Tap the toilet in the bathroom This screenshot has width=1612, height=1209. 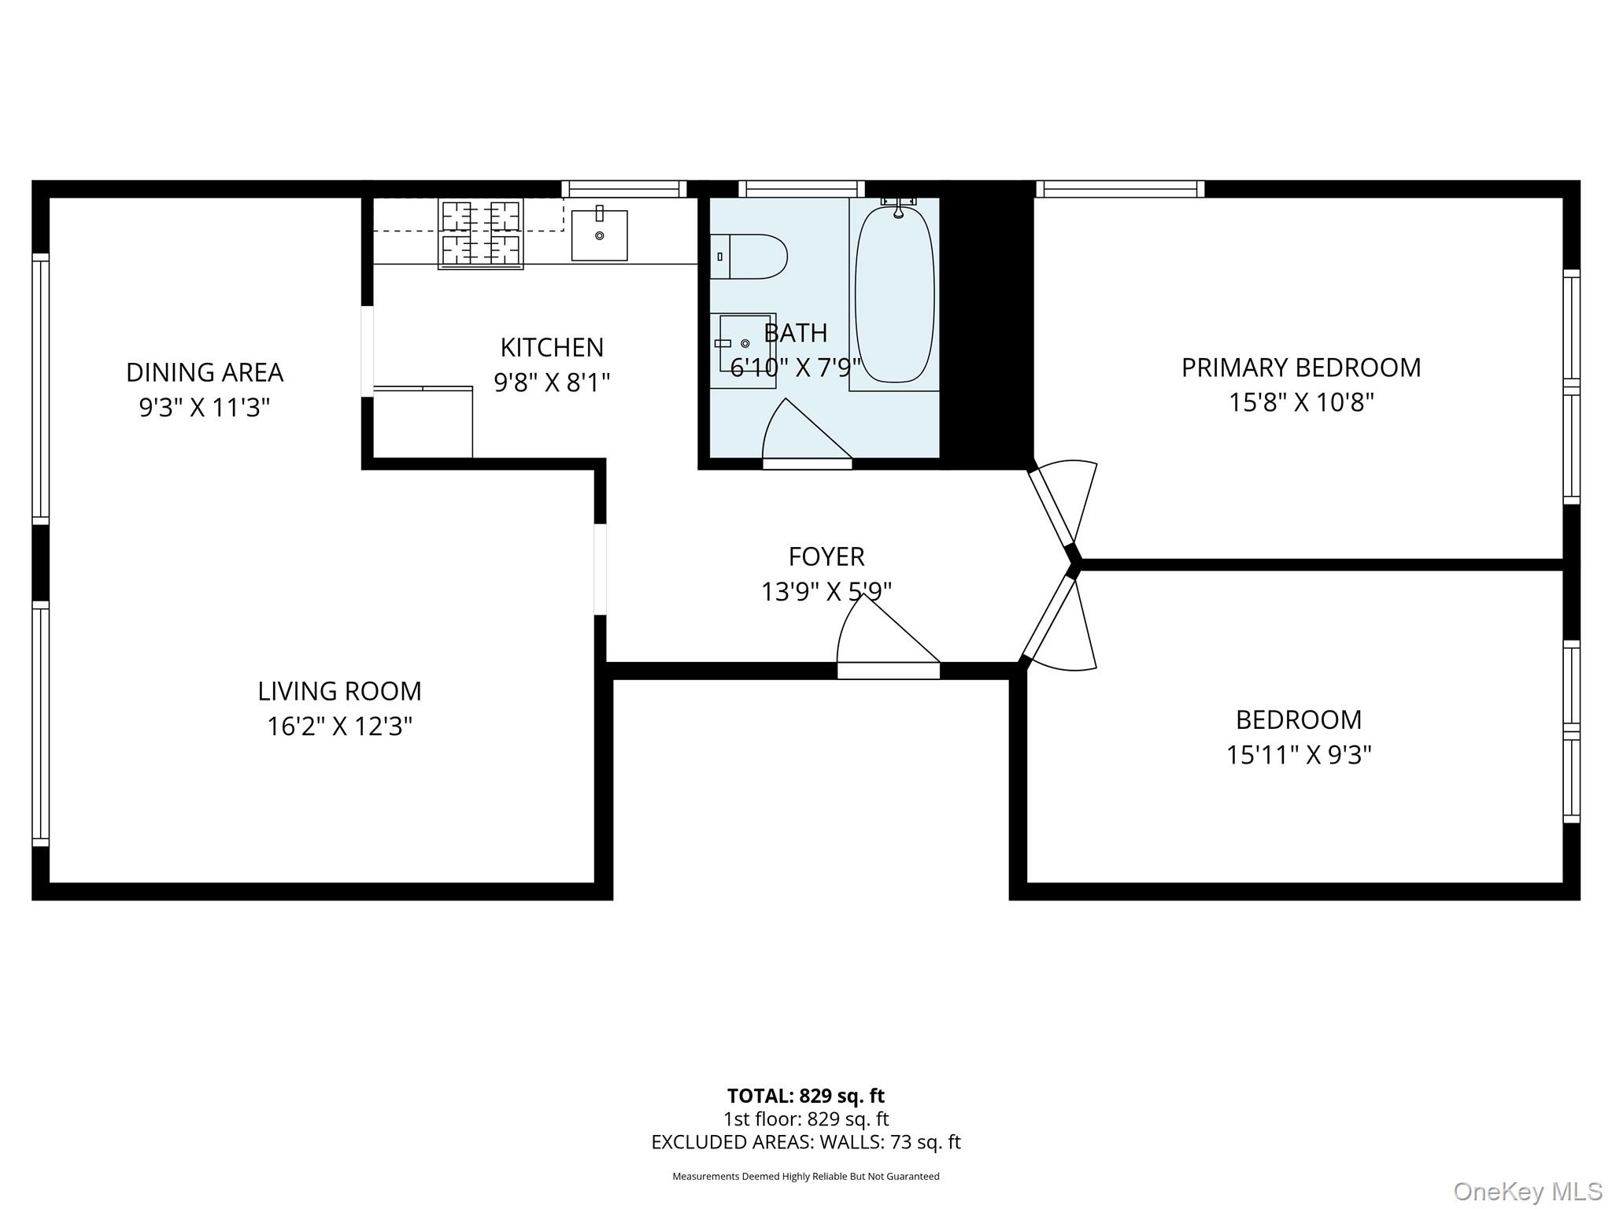pyautogui.click(x=749, y=257)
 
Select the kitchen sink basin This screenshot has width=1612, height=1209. pyautogui.click(x=599, y=235)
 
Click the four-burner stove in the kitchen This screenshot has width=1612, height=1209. pyautogui.click(x=481, y=234)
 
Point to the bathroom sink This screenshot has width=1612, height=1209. pyautogui.click(x=743, y=350)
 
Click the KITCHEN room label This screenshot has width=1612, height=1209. pyautogui.click(x=552, y=347)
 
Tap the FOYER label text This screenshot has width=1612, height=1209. pyautogui.click(x=826, y=556)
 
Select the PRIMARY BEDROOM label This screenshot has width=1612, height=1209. pyautogui.click(x=1301, y=368)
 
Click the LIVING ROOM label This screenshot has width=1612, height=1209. pyautogui.click(x=340, y=691)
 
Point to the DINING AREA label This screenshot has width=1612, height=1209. pyautogui.click(x=205, y=372)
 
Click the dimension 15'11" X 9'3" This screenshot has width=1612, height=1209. pyautogui.click(x=1299, y=755)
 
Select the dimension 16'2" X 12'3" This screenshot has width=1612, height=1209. pyautogui.click(x=340, y=726)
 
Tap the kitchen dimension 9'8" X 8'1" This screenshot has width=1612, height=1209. pyautogui.click(x=552, y=383)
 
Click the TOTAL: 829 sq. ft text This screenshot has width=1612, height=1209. pyautogui.click(x=806, y=1096)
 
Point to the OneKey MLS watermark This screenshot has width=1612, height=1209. pyautogui.click(x=1528, y=1191)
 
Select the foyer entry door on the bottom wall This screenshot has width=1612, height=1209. pyautogui.click(x=888, y=671)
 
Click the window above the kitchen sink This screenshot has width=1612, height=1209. pyautogui.click(x=623, y=189)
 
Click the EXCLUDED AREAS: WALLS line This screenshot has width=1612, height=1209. pyautogui.click(x=806, y=1142)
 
